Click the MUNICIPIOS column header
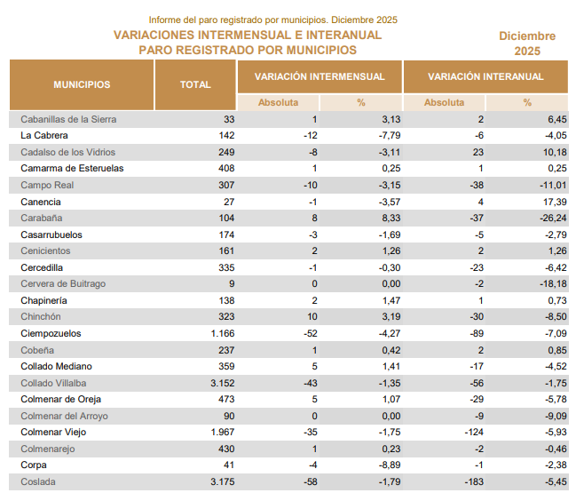coord(82,84)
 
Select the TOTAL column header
coord(195,84)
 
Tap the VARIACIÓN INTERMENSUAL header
coord(320,76)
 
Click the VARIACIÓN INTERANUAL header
coord(485,76)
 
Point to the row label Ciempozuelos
coord(51,333)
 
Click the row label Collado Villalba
coord(54,383)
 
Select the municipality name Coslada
coord(38,481)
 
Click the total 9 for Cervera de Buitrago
coord(231,283)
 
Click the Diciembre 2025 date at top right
coord(527,44)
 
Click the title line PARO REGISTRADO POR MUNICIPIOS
coord(248,50)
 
